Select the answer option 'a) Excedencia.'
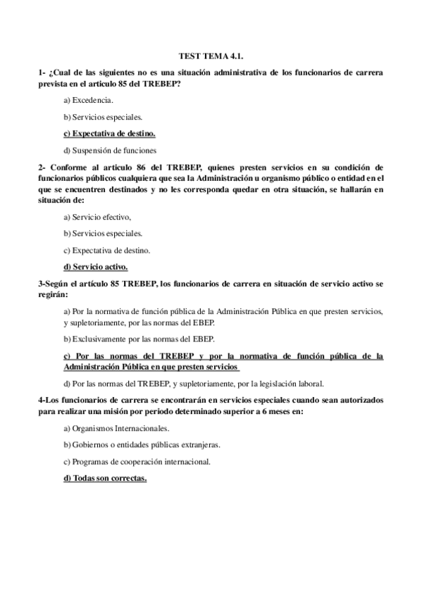pyautogui.click(x=88, y=100)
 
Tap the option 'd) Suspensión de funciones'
pyautogui.click(x=109, y=150)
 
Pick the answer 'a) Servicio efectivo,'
pyautogui.click(x=97, y=216)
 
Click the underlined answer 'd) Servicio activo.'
pyautogui.click(x=96, y=267)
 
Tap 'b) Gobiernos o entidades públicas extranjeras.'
pyautogui.click(x=141, y=445)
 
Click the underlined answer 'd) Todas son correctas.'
pyautogui.click(x=105, y=479)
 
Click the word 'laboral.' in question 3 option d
pyautogui.click(x=307, y=384)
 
